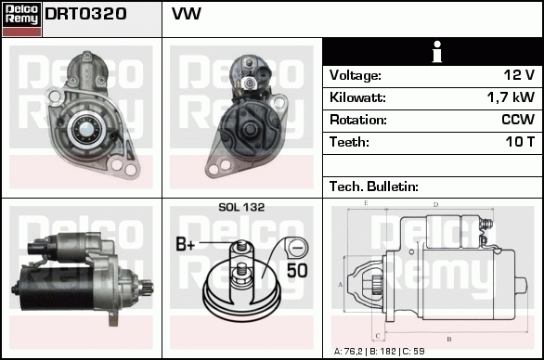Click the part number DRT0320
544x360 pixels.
click(x=86, y=15)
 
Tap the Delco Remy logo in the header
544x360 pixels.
click(x=21, y=18)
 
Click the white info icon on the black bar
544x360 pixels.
click(x=432, y=52)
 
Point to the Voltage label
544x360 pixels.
click(x=356, y=75)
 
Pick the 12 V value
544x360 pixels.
click(x=518, y=75)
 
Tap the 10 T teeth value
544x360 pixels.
click(x=517, y=142)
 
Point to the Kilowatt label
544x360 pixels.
click(x=357, y=97)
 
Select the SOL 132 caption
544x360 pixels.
click(x=241, y=208)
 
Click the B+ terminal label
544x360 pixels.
click(x=186, y=245)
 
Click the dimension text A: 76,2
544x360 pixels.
click(x=351, y=351)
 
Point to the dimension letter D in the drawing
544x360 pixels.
click(x=434, y=205)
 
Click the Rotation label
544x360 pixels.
click(x=357, y=120)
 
